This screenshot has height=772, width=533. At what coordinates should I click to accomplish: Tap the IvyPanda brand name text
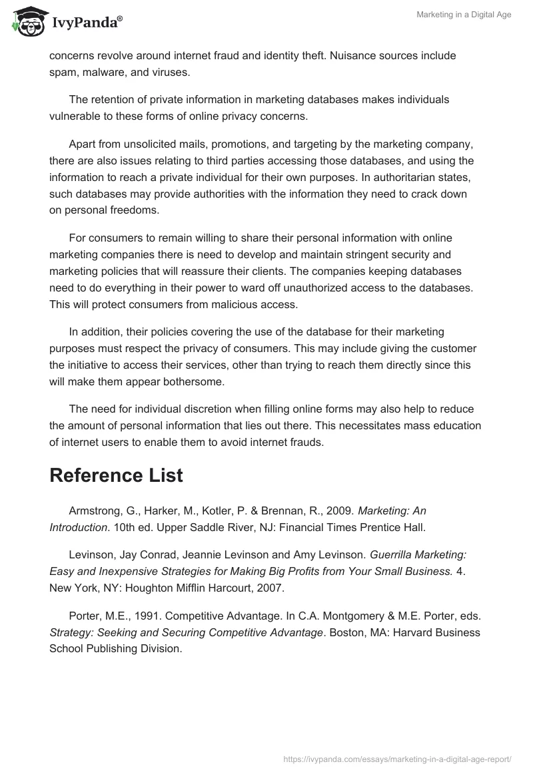(x=87, y=22)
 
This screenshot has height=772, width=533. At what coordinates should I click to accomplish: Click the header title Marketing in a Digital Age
(x=464, y=15)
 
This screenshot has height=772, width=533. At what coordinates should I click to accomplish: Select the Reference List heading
(x=117, y=475)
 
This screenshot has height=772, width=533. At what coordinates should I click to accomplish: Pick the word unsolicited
(x=141, y=144)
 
